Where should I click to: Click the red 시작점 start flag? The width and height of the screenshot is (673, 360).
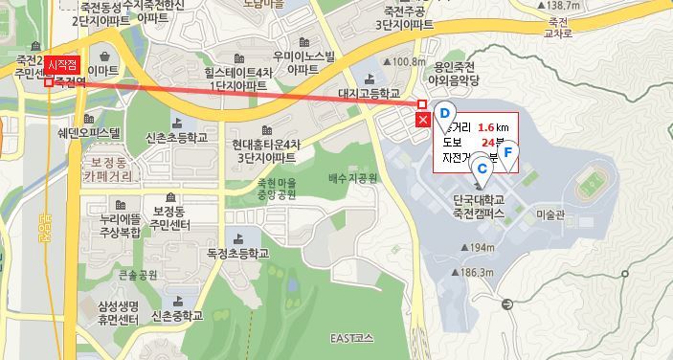(x=61, y=65)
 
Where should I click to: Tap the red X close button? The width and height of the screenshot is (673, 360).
(x=423, y=120)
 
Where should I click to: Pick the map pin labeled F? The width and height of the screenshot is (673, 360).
(x=508, y=150)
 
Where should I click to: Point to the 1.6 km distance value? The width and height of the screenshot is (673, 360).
(x=492, y=126)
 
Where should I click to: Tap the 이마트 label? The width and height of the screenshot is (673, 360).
(x=103, y=70)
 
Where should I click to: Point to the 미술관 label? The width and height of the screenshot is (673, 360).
(x=552, y=214)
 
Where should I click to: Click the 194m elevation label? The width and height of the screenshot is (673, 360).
(x=481, y=248)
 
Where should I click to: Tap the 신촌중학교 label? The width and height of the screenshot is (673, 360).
(x=177, y=314)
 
